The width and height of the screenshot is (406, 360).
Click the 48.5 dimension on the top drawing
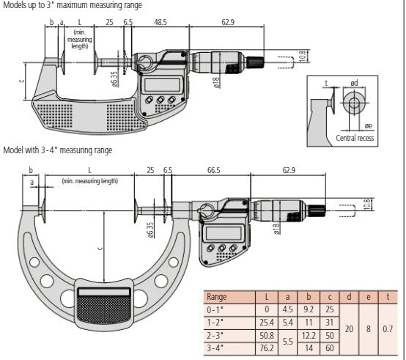pyautogui.click(x=160, y=23)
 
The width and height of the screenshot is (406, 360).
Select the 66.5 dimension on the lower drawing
pyautogui.click(x=213, y=171)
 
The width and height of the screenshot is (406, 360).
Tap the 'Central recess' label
pyautogui.click(x=355, y=138)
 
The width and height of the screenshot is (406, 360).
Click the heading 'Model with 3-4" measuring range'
pyautogui.click(x=58, y=150)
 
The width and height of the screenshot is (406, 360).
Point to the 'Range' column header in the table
pyautogui.click(x=218, y=297)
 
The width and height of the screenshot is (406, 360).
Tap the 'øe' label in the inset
pyautogui.click(x=369, y=125)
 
